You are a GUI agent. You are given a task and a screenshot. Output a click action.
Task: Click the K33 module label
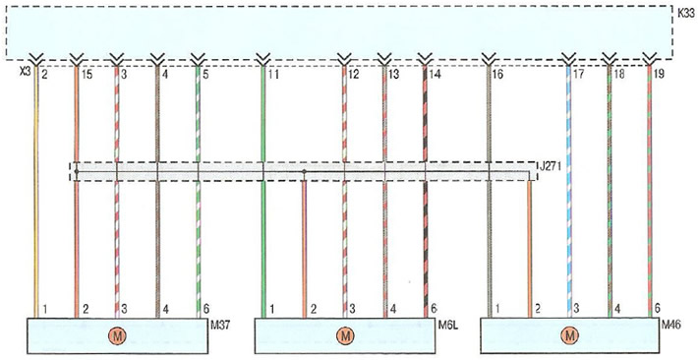click(686, 14)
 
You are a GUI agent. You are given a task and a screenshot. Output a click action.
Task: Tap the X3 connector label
click(25, 71)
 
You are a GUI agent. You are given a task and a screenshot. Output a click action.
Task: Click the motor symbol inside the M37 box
click(118, 336)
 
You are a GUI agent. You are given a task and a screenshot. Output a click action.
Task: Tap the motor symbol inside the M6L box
click(344, 336)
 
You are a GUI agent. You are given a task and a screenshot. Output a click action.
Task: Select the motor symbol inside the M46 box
click(569, 336)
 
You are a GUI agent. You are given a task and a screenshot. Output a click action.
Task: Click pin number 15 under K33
click(87, 75)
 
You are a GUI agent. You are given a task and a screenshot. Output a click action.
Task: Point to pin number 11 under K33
click(273, 75)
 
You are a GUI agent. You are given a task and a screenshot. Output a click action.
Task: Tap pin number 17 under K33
click(578, 75)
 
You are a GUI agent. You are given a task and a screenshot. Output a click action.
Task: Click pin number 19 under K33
click(659, 75)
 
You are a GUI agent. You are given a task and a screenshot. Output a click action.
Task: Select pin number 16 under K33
click(497, 75)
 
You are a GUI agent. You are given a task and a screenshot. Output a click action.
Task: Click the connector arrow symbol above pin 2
click(36, 59)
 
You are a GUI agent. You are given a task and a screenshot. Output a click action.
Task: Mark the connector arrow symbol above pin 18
click(609, 59)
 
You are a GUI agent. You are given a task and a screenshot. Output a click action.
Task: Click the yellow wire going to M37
click(36, 192)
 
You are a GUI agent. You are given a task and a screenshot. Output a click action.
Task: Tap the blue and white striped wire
click(568, 192)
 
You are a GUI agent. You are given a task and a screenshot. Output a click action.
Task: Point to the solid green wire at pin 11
click(263, 192)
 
